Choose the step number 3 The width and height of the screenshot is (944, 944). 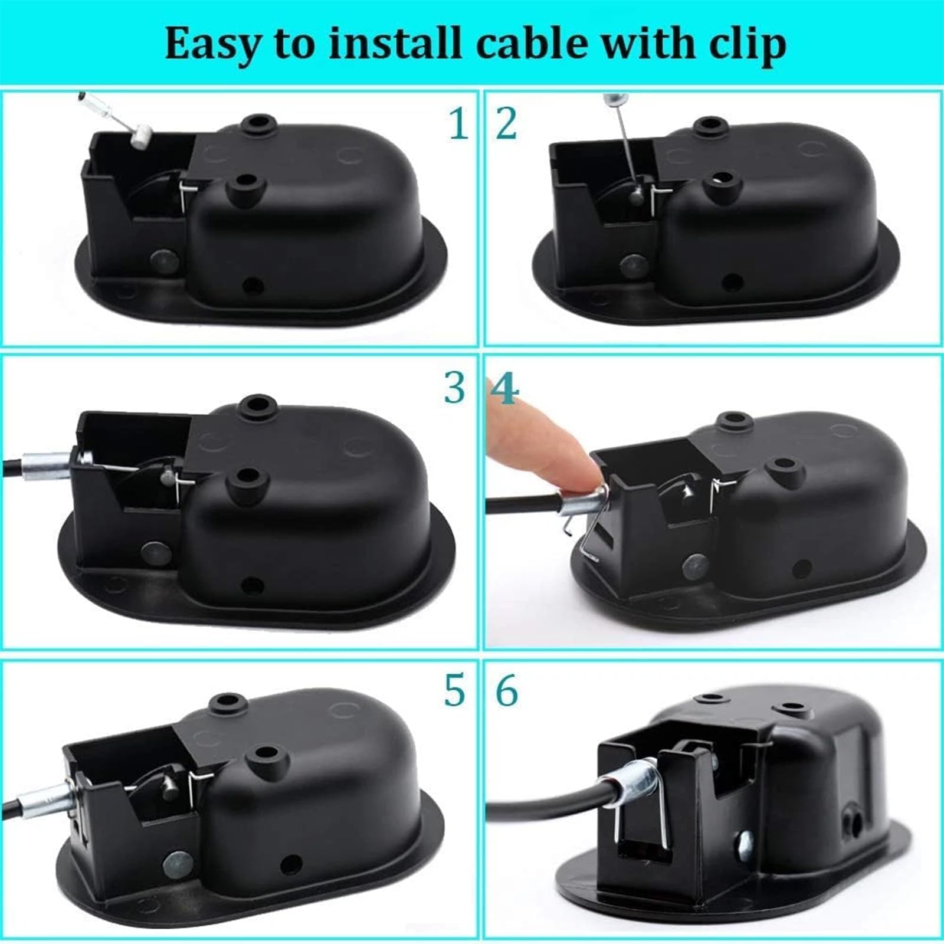click(x=455, y=389)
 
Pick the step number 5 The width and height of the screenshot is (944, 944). click(x=455, y=691)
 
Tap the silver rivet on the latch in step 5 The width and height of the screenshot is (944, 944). click(x=176, y=863)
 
